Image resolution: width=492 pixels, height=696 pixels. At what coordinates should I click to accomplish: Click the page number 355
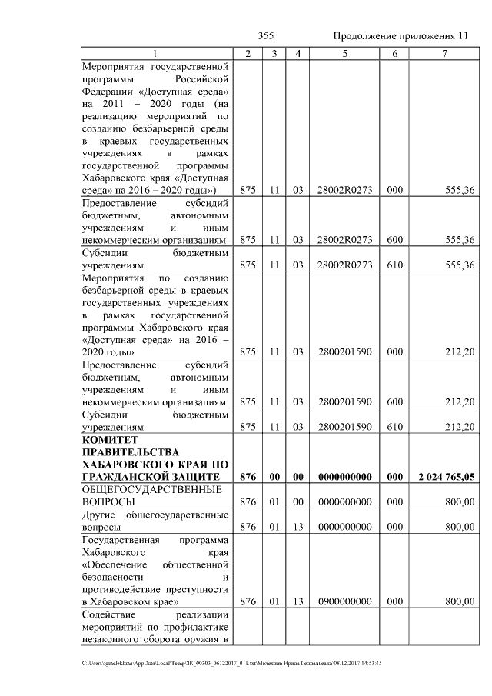point(266,36)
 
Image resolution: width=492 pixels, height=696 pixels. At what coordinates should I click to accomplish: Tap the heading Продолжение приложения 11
point(401,36)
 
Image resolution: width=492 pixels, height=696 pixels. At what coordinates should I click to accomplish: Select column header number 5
point(344,53)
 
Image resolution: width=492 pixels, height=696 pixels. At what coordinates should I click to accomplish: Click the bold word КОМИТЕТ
point(108,438)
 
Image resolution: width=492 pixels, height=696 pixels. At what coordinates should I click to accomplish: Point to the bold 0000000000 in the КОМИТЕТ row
point(344,477)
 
